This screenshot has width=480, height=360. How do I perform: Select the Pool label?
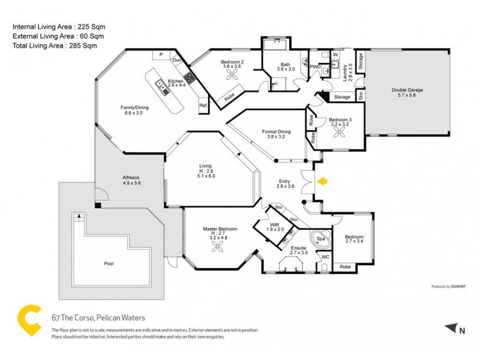pos(109,263)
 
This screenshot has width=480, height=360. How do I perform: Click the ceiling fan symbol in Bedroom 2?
pos(233,75)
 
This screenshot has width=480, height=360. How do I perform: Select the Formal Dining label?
pos(276,133)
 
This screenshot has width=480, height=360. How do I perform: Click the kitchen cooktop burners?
pos(190,77)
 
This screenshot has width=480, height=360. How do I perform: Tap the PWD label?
pos(314,67)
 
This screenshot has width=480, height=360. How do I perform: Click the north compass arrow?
pos(451,328)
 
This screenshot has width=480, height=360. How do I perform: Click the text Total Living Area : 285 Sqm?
pos(55,45)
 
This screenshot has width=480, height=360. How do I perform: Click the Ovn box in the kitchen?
pos(177,60)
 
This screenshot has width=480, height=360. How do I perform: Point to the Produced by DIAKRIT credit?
pos(449,286)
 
